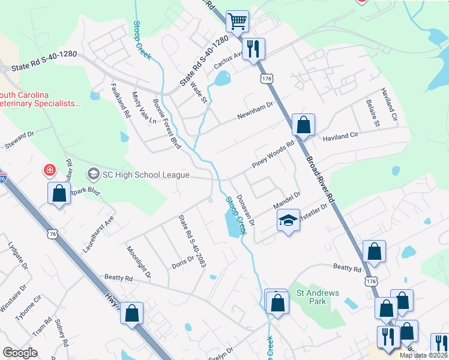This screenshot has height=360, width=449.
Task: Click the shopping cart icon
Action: [238, 21]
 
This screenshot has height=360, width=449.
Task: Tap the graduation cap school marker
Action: [288, 221]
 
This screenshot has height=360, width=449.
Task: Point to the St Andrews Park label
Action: [318, 297]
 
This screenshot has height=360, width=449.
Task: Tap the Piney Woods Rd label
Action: [273, 154]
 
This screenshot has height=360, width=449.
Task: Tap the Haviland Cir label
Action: [340, 136]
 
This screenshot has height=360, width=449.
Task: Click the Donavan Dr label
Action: [246, 210]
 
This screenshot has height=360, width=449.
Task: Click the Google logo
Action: [20, 353]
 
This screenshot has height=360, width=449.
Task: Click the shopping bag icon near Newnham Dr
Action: [304, 125]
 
